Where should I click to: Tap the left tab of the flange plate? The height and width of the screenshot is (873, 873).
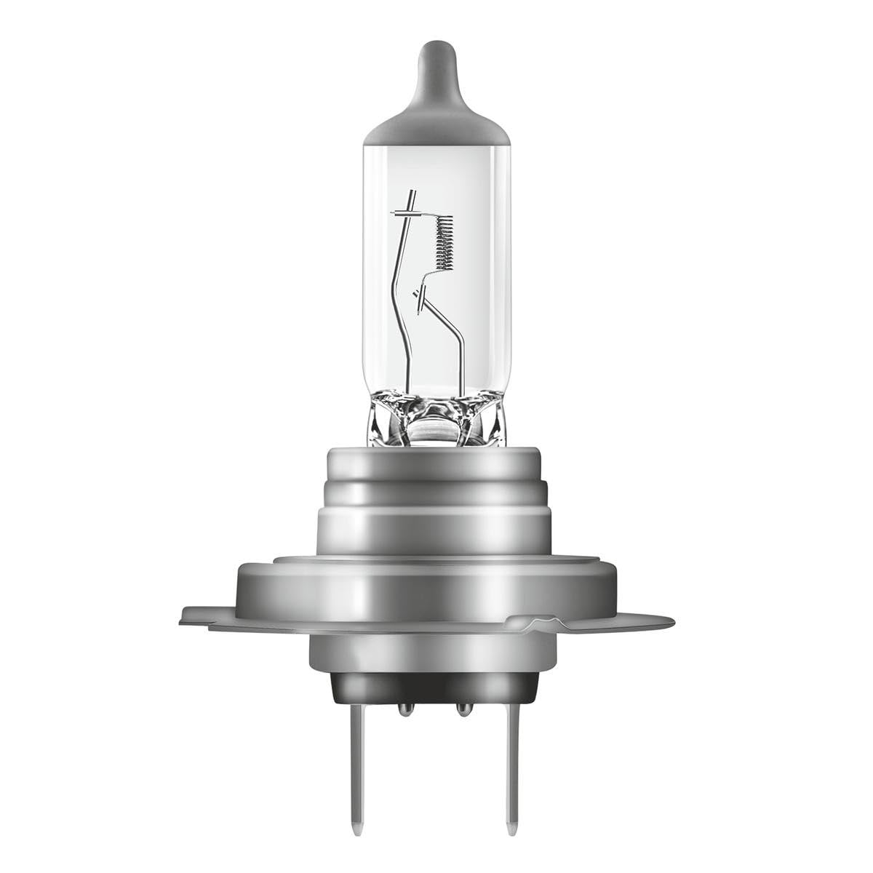207,615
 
